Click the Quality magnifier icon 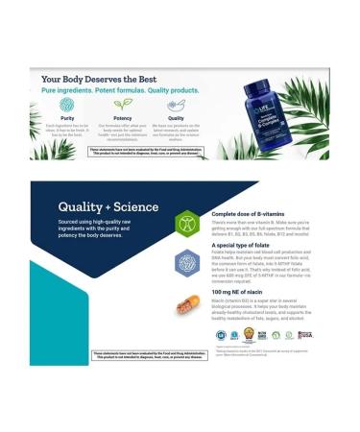[176, 105]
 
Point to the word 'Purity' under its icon [66, 118]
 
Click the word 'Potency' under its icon [122, 118]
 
